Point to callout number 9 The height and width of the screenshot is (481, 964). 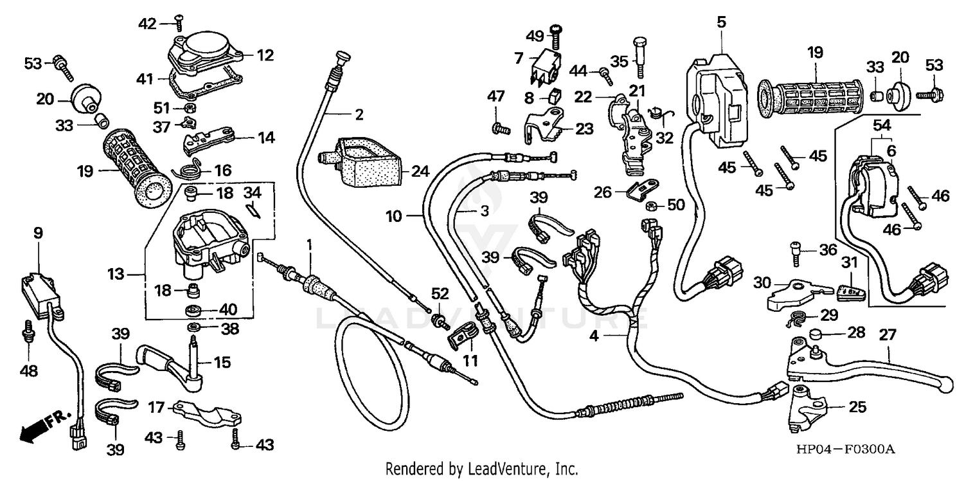click(x=38, y=233)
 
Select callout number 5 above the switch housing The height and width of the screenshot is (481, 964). click(x=720, y=23)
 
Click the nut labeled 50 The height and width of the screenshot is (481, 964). click(x=650, y=206)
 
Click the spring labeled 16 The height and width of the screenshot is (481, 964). click(x=190, y=170)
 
